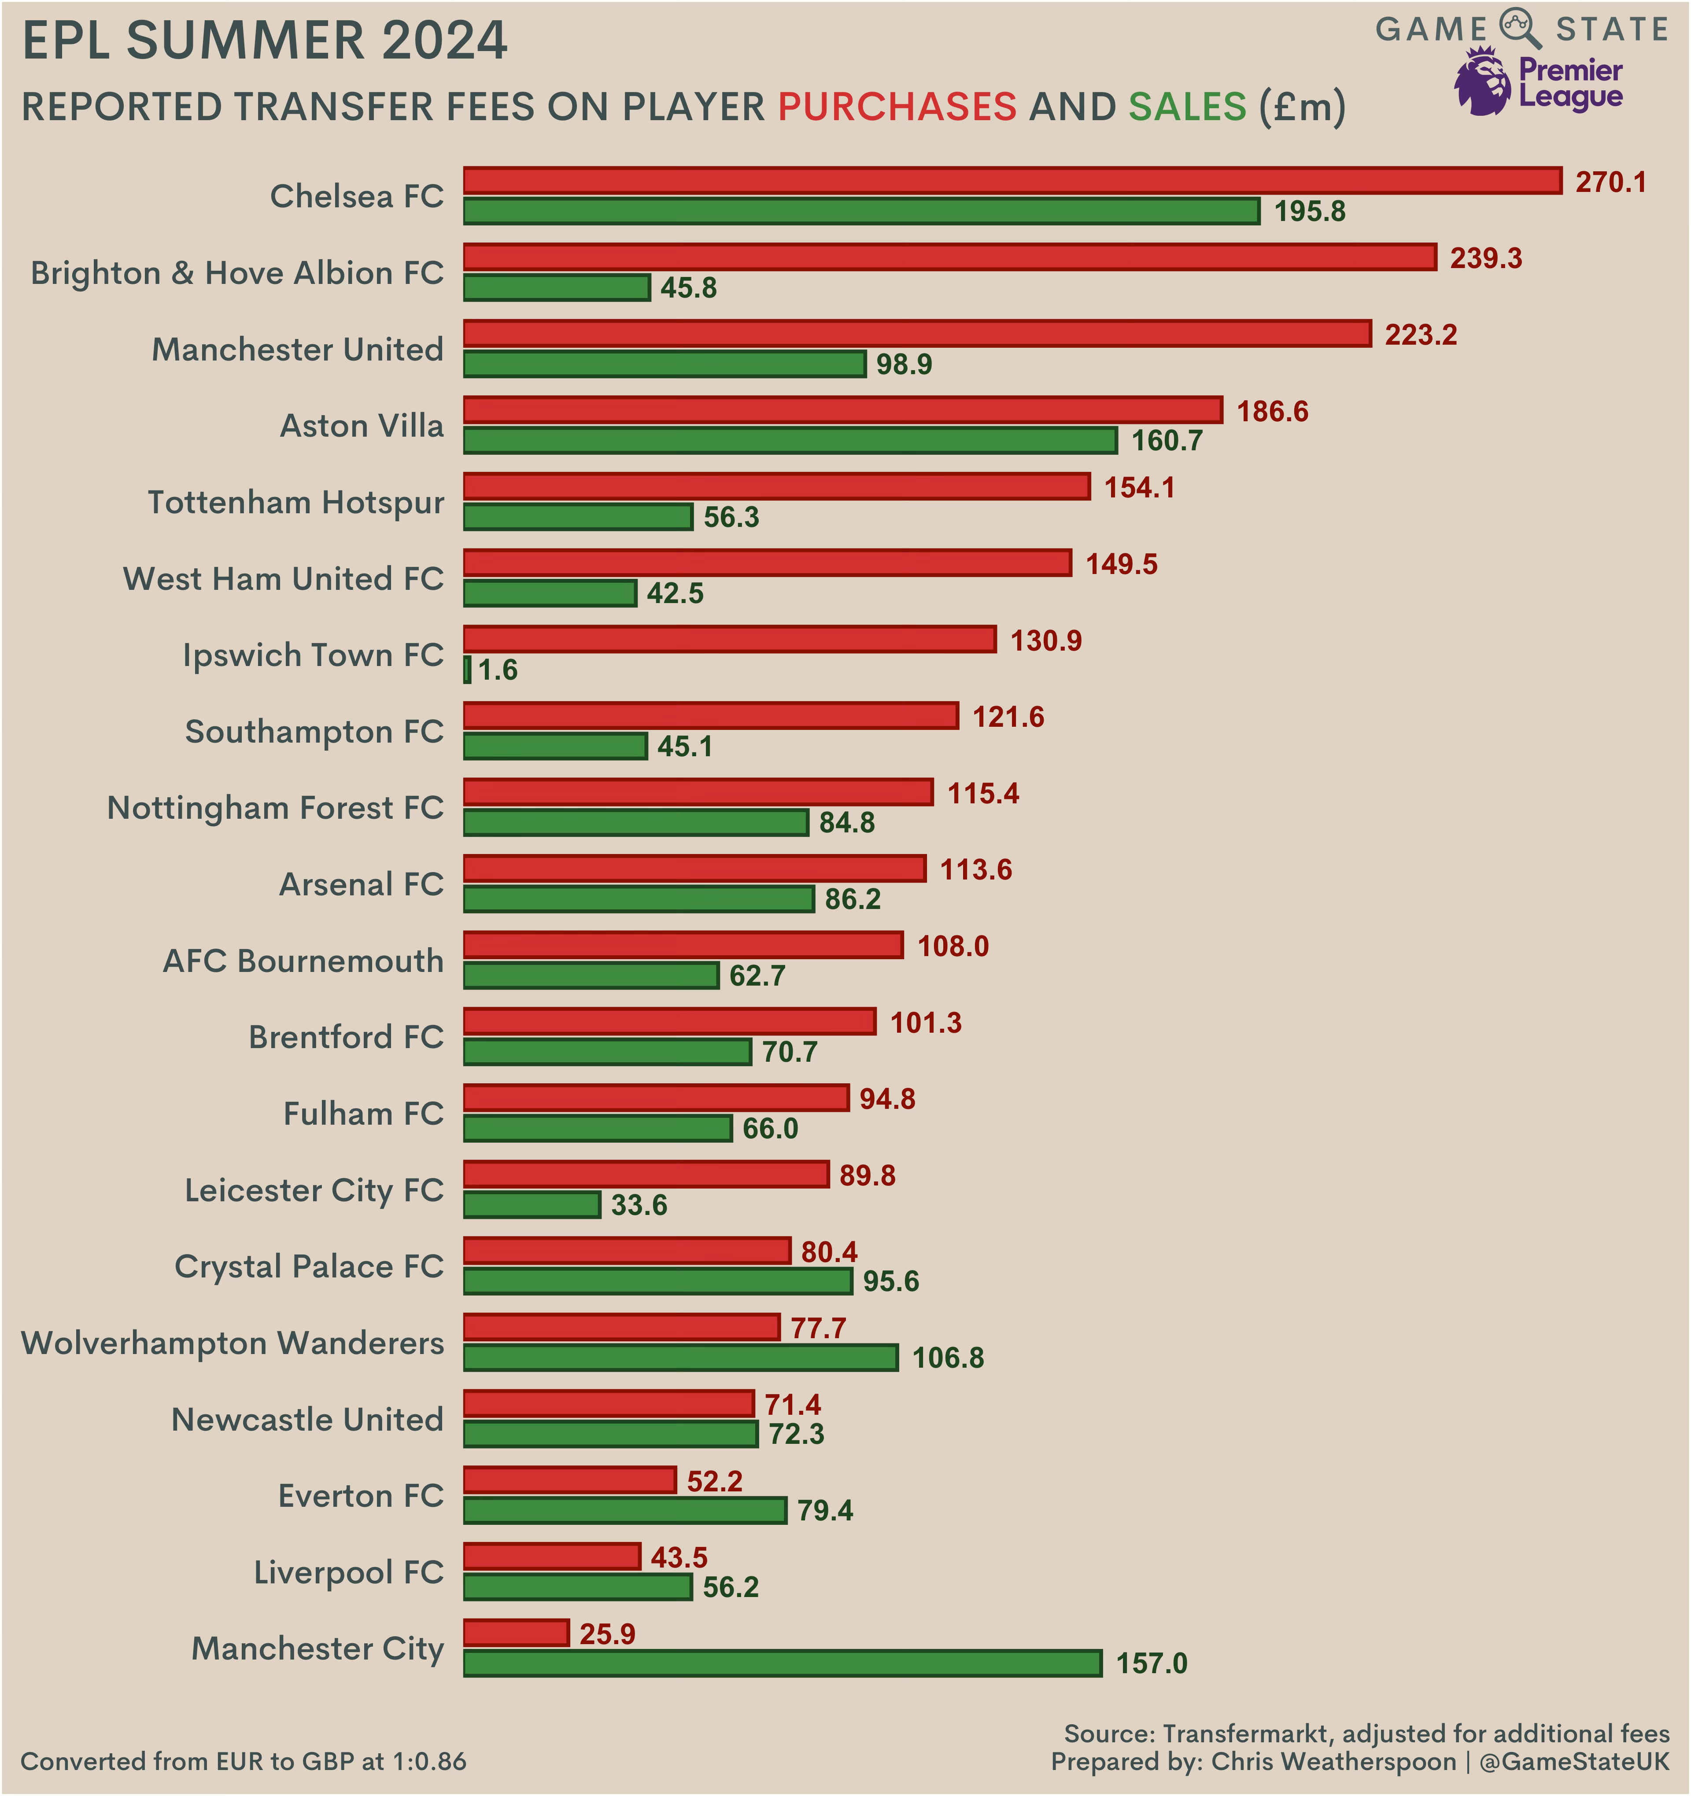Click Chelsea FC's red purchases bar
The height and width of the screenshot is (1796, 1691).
coord(1012,180)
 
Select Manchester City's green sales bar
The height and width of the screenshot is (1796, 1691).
coord(783,1663)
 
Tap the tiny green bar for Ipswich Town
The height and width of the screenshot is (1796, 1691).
coord(467,670)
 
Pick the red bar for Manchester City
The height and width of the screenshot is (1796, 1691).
coord(516,1634)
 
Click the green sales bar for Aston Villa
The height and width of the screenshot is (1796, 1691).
coord(790,441)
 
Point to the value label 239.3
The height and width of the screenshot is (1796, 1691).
coord(1486,258)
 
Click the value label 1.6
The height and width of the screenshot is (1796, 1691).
coord(498,670)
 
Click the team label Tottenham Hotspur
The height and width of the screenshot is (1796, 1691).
coord(295,502)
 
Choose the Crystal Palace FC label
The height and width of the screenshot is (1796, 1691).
coord(309,1266)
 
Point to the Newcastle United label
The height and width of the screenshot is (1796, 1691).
coord(307,1419)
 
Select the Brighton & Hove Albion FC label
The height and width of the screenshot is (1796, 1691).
coord(237,273)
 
